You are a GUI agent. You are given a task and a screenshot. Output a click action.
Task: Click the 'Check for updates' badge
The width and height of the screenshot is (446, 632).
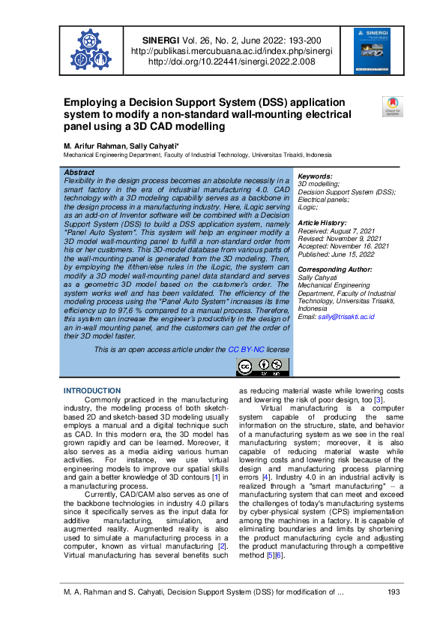(x=392, y=106)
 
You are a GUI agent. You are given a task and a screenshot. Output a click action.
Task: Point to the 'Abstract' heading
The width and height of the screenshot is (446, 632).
(x=79, y=172)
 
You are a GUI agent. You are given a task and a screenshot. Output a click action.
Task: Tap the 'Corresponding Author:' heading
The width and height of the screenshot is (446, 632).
(x=334, y=269)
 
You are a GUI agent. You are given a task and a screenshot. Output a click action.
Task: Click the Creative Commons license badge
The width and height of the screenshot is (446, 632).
(x=262, y=367)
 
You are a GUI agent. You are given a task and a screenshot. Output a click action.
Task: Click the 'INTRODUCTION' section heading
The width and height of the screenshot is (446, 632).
(x=92, y=391)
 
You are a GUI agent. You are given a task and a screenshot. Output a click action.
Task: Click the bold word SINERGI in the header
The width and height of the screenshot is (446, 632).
(x=158, y=40)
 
